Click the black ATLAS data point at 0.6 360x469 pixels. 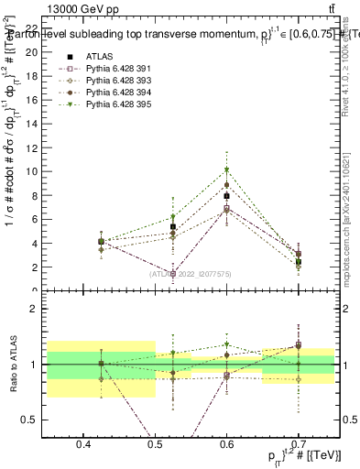[x=226, y=195]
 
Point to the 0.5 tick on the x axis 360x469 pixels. [x=155, y=445]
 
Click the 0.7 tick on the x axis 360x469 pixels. [x=298, y=445]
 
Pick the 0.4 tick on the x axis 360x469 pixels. [x=83, y=445]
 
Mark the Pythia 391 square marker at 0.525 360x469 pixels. [x=172, y=273]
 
